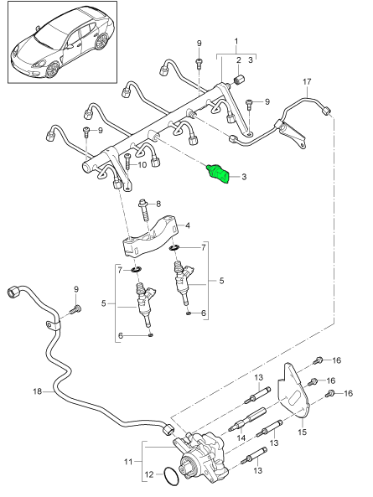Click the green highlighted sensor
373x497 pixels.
click(219, 173)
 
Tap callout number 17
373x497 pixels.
click(308, 81)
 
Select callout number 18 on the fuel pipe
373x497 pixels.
click(36, 391)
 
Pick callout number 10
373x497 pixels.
click(142, 165)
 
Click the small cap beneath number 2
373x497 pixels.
click(237, 79)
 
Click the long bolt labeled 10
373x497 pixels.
click(127, 172)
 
